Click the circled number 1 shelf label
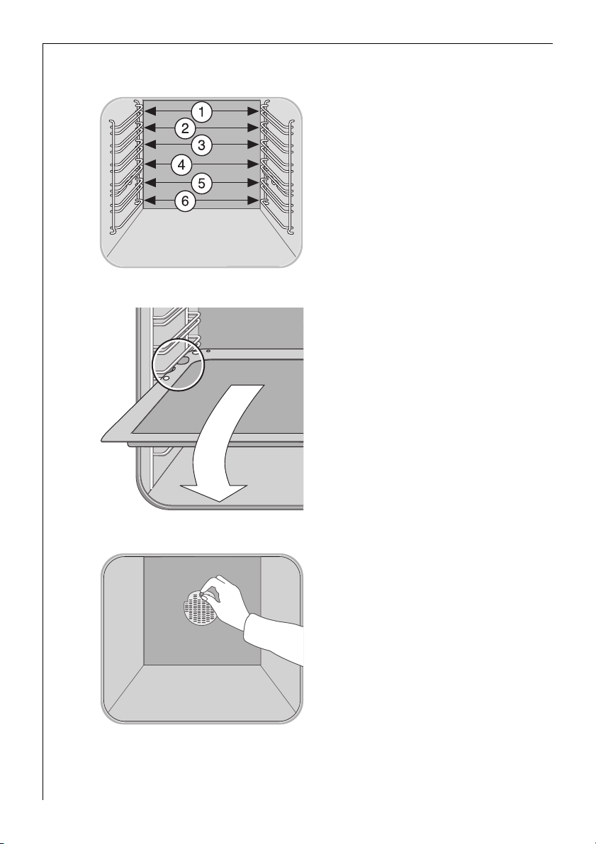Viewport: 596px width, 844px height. (201, 112)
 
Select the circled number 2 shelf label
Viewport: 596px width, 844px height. (185, 128)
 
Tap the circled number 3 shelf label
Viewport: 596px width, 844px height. (201, 145)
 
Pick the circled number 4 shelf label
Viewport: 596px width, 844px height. (181, 164)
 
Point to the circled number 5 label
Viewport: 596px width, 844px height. (201, 183)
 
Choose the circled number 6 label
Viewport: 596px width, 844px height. (185, 201)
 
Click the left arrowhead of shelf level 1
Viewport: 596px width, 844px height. (150, 111)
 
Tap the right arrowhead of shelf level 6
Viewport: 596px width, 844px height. (253, 201)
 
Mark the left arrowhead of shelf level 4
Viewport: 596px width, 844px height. (150, 164)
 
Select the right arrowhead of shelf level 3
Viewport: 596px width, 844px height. (253, 145)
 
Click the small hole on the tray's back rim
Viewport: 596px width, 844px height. (208, 351)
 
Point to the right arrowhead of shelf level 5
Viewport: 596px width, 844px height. (253, 182)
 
